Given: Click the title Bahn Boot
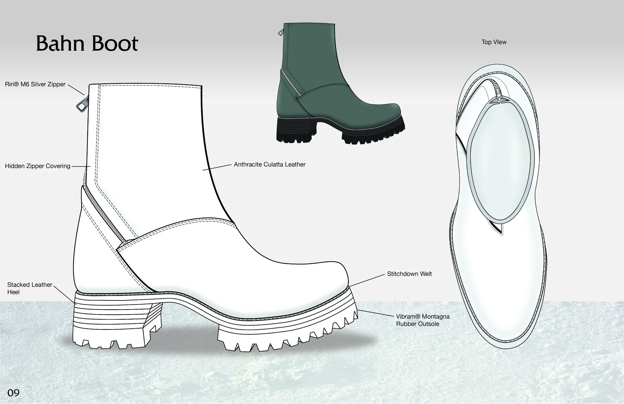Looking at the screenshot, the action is [87, 43].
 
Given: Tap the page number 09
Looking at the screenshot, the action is [14, 393].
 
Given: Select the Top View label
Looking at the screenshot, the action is [494, 42].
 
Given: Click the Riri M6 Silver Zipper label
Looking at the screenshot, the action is [35, 84].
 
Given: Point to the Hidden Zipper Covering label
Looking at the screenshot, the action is [37, 166].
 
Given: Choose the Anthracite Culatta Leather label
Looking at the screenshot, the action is [270, 165].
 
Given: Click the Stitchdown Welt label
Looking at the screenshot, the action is [409, 274].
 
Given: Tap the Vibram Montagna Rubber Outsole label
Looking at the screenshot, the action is [422, 320].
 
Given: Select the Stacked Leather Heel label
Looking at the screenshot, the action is [29, 288].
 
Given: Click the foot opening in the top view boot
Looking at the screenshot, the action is [500, 163].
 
